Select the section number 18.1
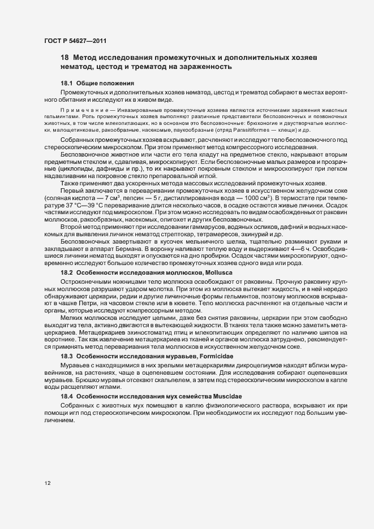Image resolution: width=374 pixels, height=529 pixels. [x=67, y=84]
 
